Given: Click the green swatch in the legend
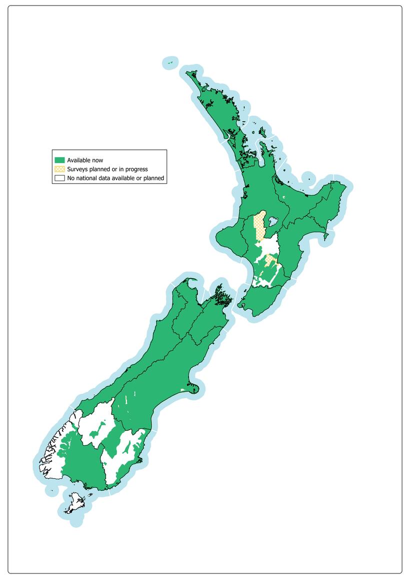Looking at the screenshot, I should [x=60, y=160].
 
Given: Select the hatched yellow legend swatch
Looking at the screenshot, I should [x=60, y=169].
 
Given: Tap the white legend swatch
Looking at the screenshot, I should [x=60, y=178].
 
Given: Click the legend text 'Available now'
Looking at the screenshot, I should [x=85, y=160].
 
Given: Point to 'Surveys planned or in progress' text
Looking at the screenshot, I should [x=107, y=169].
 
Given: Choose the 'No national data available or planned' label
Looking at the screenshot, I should [x=115, y=178].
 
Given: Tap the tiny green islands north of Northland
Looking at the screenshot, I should [x=170, y=62].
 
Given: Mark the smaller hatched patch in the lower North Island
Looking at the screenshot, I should [x=271, y=260].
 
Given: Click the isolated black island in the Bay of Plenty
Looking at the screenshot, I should [x=309, y=179].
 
